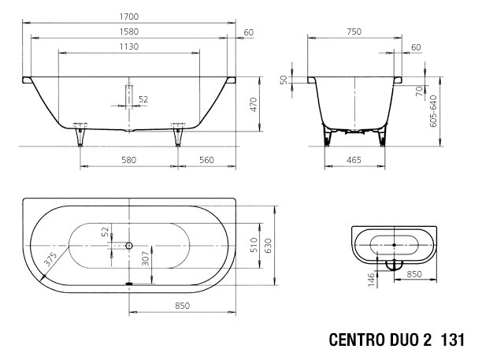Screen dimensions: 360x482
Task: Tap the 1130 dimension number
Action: pyautogui.click(x=129, y=47)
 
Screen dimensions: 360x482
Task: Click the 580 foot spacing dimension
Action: pyautogui.click(x=128, y=159)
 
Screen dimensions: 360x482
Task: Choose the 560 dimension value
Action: pyautogui.click(x=206, y=159)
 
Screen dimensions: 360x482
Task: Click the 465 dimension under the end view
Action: pyautogui.click(x=354, y=159)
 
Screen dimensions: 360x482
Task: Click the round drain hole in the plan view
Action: pyautogui.click(x=129, y=246)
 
